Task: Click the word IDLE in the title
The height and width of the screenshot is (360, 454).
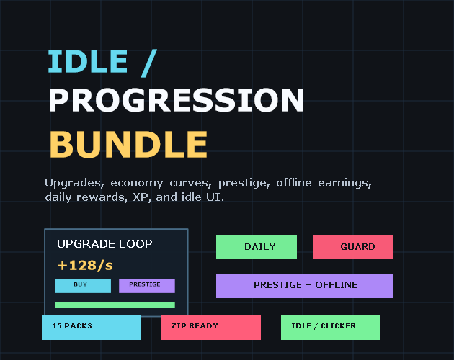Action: (x=88, y=61)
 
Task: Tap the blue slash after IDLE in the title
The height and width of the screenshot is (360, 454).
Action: (x=149, y=63)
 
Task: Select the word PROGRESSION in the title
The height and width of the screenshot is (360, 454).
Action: (x=177, y=100)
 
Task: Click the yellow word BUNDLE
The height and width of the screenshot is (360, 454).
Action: (x=128, y=145)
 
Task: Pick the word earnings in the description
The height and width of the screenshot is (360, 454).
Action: (x=344, y=183)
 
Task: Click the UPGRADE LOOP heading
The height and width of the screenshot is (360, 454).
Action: (x=104, y=244)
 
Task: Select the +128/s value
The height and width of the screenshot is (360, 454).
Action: (x=86, y=266)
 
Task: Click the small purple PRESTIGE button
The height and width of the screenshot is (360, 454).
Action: (x=147, y=286)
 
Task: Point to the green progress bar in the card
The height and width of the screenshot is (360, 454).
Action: (x=115, y=305)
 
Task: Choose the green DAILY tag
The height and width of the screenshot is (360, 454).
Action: (x=257, y=247)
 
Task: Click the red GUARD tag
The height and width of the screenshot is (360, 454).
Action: (x=353, y=247)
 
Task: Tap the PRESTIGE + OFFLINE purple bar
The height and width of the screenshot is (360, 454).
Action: (x=305, y=286)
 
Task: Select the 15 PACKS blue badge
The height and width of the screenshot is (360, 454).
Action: (x=92, y=328)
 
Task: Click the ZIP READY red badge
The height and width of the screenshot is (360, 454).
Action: (x=211, y=328)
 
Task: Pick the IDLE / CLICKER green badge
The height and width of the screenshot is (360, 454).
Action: (x=331, y=328)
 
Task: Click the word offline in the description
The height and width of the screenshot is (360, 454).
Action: (x=294, y=183)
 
